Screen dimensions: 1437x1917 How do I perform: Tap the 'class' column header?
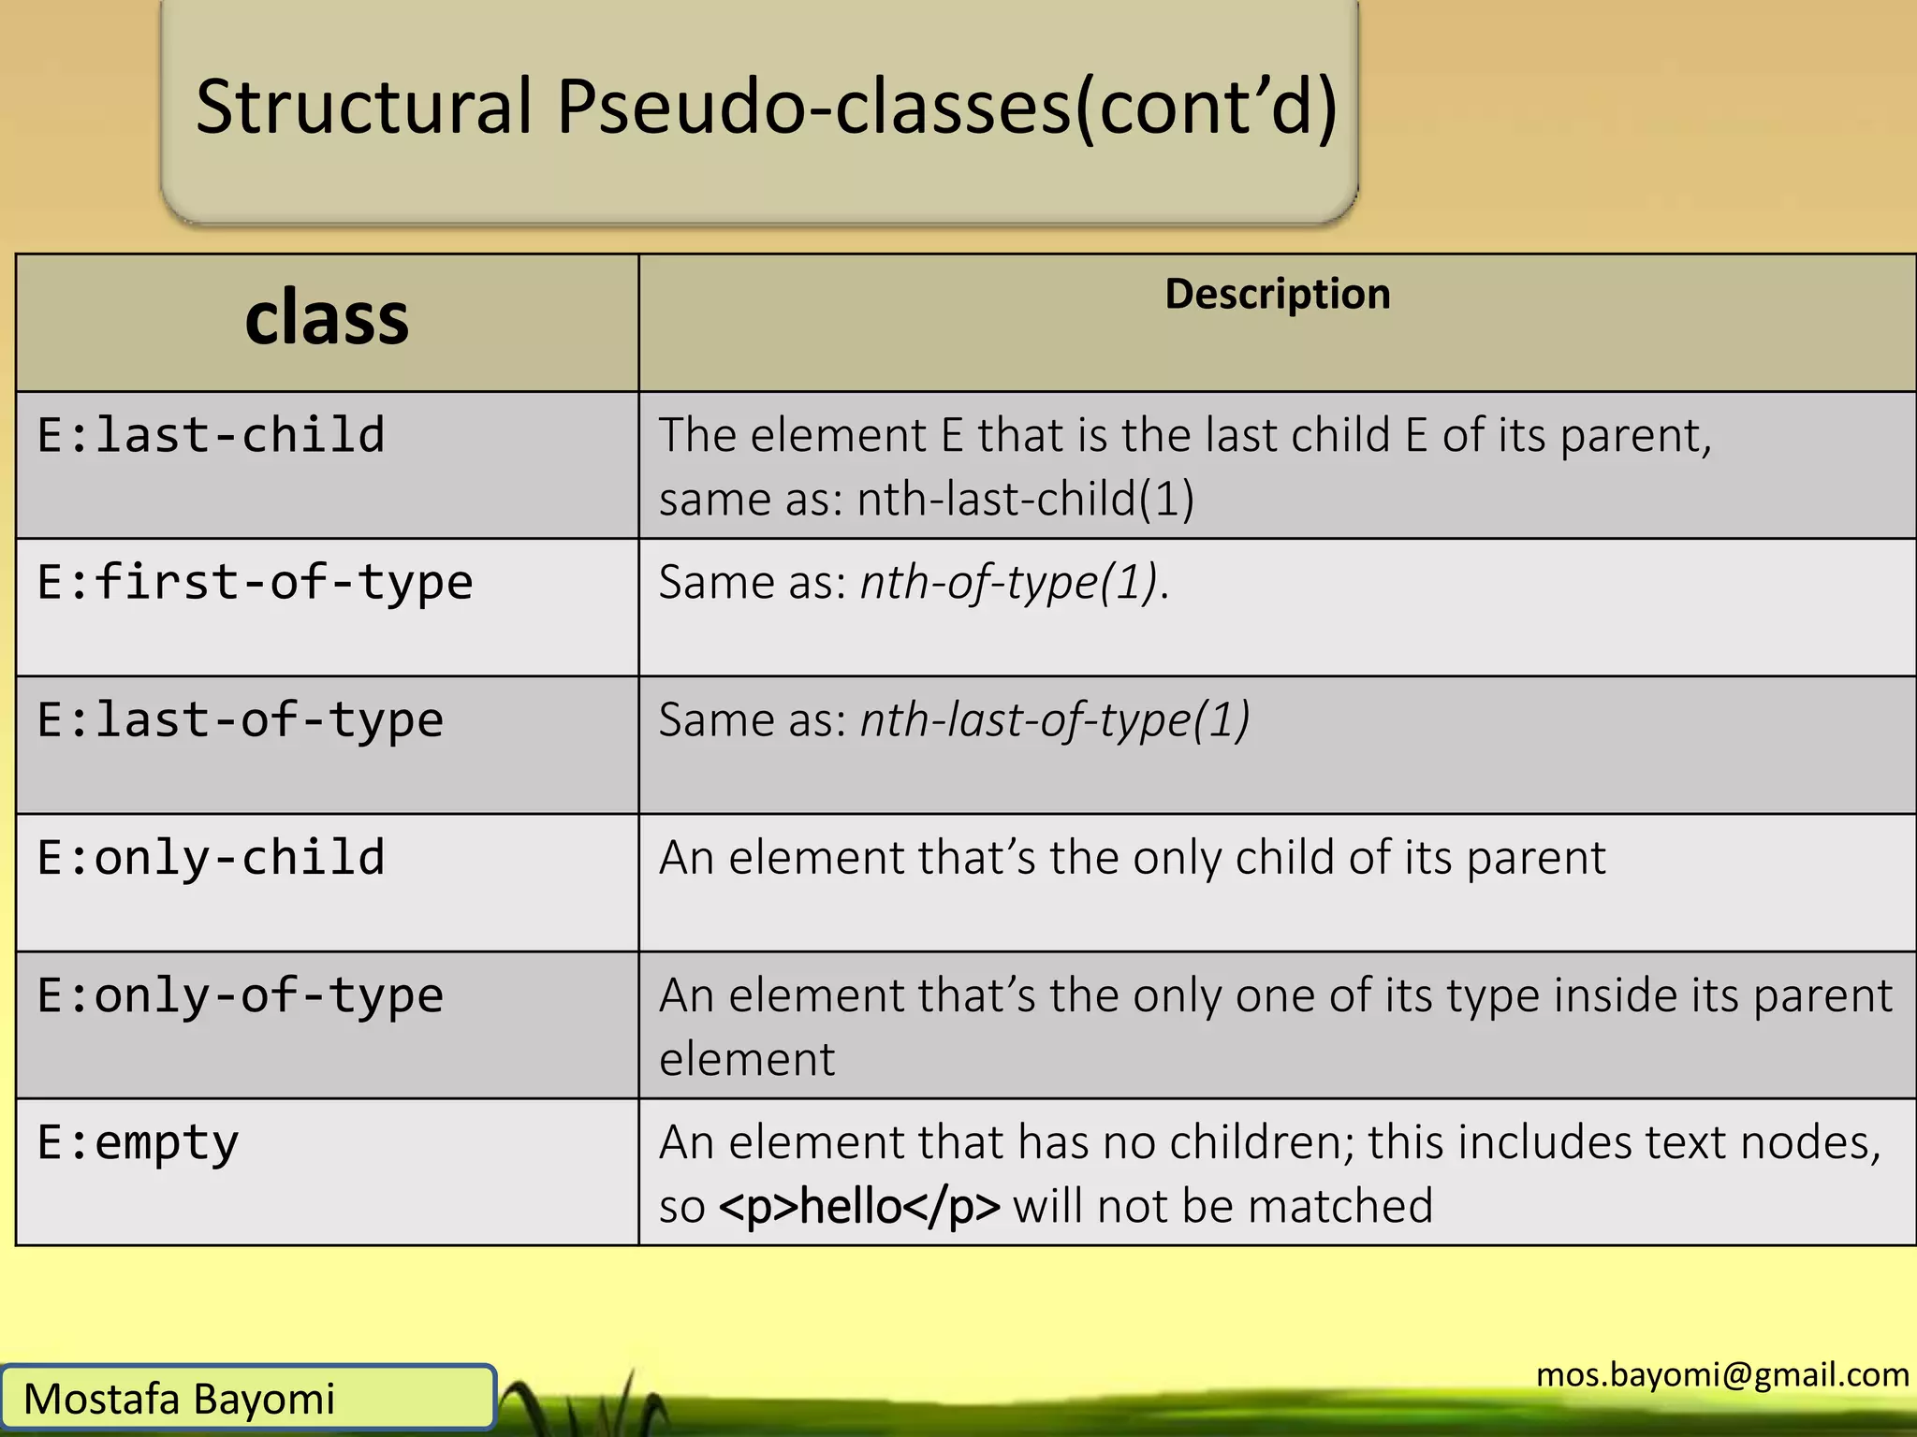click(x=327, y=319)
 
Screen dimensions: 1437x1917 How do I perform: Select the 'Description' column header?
click(x=1277, y=294)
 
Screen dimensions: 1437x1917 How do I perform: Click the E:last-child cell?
click(x=212, y=436)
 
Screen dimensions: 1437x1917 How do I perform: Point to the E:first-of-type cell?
click(x=255, y=583)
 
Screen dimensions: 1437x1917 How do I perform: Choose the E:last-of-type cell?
click(x=240, y=720)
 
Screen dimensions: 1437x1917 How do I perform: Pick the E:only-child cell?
click(x=212, y=858)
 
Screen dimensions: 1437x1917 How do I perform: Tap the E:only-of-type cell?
click(x=240, y=995)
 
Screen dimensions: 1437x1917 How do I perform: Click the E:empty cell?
click(x=139, y=1143)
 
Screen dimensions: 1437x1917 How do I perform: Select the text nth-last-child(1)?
click(x=1026, y=499)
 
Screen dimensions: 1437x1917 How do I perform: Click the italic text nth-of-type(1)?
click(x=1009, y=583)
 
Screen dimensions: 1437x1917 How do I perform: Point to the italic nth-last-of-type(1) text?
click(x=1054, y=720)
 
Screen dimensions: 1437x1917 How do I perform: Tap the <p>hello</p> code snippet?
click(x=859, y=1207)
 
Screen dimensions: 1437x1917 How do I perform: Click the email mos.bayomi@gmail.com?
click(x=1722, y=1374)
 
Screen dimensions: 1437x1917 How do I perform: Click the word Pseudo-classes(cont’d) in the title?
click(x=946, y=107)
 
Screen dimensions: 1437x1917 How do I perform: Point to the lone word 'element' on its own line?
click(x=747, y=1060)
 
